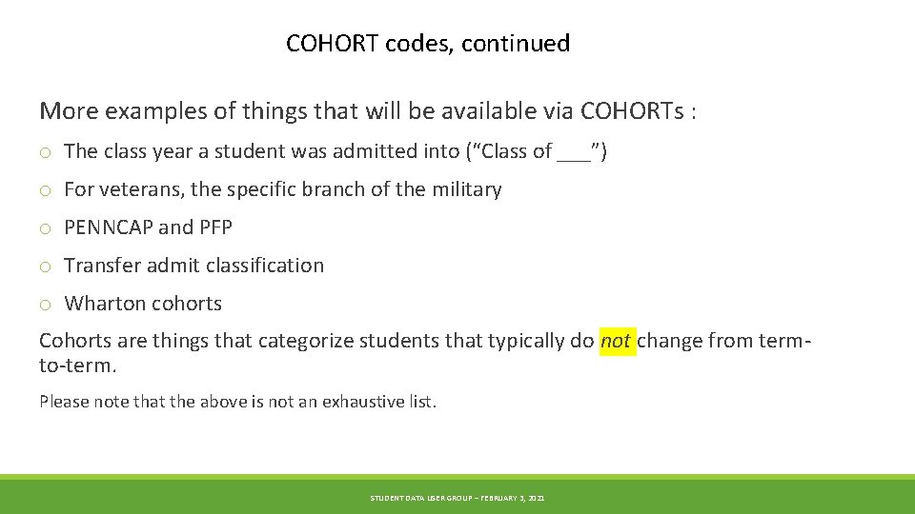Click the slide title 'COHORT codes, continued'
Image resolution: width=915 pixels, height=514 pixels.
(x=428, y=43)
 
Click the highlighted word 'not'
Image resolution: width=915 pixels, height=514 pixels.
(x=616, y=341)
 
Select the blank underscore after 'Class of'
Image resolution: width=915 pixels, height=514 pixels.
(x=573, y=151)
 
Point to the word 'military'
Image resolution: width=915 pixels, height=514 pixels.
(x=466, y=189)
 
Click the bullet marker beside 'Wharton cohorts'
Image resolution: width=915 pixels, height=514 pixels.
(x=45, y=305)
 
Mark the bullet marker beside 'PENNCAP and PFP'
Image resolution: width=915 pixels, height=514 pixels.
(x=45, y=228)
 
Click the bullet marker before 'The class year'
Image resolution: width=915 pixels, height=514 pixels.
(x=45, y=152)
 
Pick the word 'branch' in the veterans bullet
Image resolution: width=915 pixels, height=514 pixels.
(x=334, y=189)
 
